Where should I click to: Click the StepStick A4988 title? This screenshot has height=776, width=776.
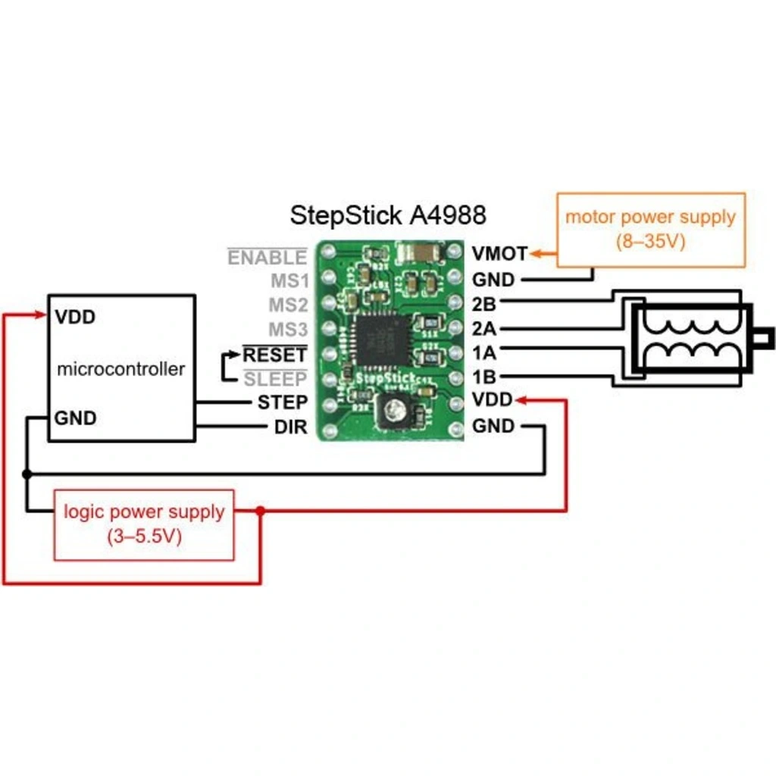click(388, 216)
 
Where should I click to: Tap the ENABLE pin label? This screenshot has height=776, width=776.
click(268, 258)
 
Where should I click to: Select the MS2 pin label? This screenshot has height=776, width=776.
click(289, 305)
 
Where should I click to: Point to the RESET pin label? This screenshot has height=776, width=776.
click(274, 355)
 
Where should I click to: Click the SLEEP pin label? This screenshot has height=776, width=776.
click(274, 378)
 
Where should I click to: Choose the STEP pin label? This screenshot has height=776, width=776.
click(282, 402)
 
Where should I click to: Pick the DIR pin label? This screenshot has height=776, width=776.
click(290, 427)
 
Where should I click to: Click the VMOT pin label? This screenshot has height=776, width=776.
click(499, 253)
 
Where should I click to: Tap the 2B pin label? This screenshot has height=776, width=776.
click(483, 305)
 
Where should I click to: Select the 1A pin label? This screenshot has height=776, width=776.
click(483, 352)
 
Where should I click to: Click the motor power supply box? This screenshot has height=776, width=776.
click(651, 229)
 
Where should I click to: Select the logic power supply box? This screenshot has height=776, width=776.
click(144, 524)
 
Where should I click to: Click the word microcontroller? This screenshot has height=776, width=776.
click(121, 369)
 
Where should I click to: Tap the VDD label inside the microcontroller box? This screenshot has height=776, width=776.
click(76, 317)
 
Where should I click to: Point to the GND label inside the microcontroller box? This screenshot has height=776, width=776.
click(76, 418)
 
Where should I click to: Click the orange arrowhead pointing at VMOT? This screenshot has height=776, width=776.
click(535, 253)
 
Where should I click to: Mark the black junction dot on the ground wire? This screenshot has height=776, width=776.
click(27, 474)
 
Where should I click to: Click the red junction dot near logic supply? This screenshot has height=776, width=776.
click(260, 512)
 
